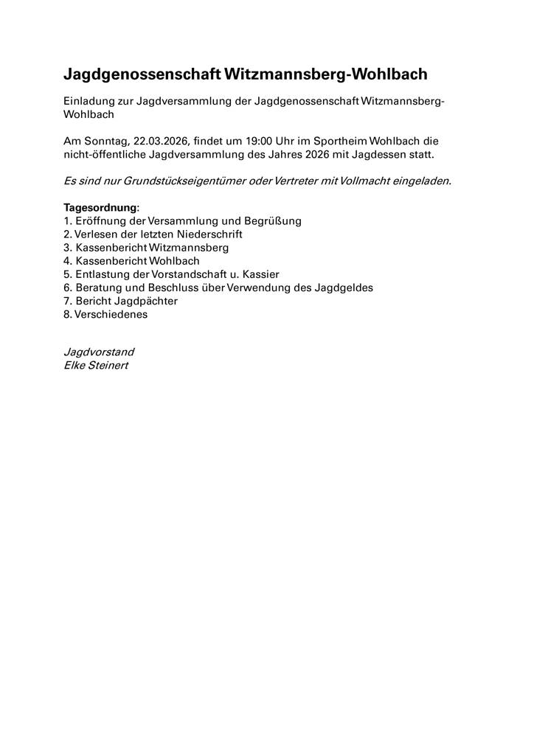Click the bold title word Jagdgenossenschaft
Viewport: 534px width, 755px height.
point(143,74)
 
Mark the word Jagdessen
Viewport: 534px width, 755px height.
point(385,154)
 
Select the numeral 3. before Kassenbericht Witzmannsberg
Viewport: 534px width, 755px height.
point(68,247)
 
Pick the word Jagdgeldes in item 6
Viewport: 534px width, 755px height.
point(347,287)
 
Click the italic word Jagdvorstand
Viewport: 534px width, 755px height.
point(99,352)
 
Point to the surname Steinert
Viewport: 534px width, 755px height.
point(108,366)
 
